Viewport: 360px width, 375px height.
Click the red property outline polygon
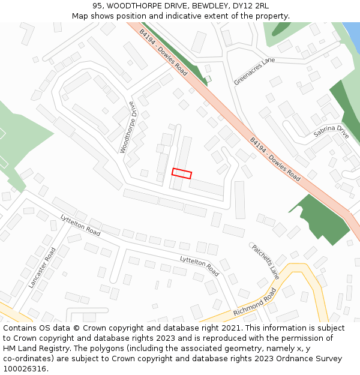click(x=182, y=173)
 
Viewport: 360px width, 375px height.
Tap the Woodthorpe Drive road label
click(x=133, y=130)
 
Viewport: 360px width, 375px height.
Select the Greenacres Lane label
click(x=254, y=71)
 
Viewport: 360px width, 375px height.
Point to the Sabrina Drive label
click(x=331, y=132)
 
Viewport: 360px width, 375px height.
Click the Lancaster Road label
click(x=41, y=268)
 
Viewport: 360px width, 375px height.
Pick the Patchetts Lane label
click(x=265, y=262)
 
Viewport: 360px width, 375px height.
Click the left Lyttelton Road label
click(x=80, y=224)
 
